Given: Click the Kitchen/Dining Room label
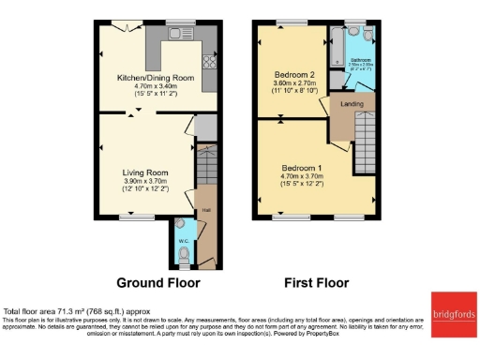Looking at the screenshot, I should [156, 78].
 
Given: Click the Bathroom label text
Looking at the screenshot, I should [361, 58].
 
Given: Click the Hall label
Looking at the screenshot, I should [204, 210].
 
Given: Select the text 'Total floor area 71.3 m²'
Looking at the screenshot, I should [52, 311].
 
